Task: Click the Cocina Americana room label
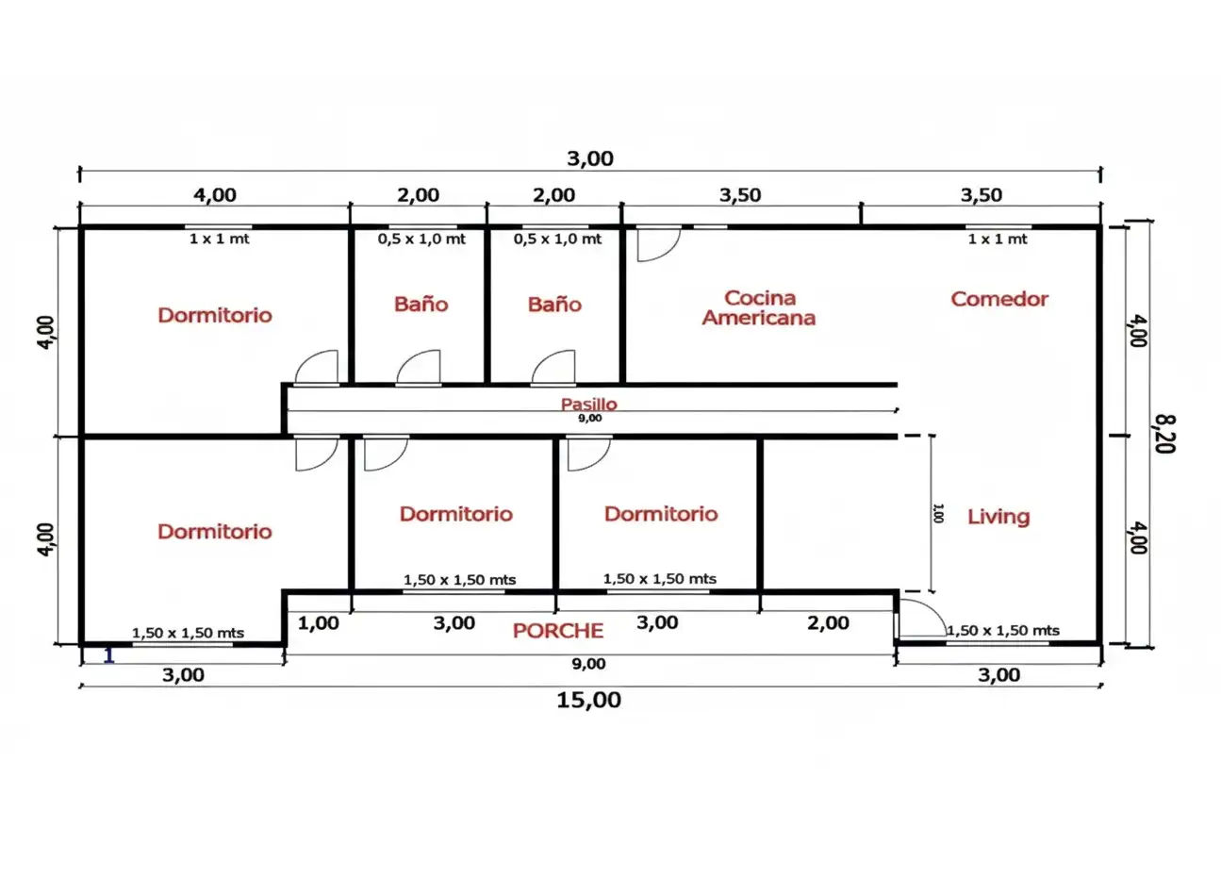click(x=759, y=308)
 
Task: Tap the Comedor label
click(x=999, y=299)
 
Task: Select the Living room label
click(x=998, y=516)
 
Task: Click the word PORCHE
click(x=557, y=631)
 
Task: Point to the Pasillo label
click(x=588, y=404)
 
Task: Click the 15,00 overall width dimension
click(x=588, y=700)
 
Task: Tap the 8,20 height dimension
click(x=1164, y=434)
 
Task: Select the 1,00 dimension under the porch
click(x=319, y=623)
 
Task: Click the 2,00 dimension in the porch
click(x=828, y=623)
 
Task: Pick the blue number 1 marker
click(x=109, y=655)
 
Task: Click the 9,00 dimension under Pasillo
click(x=590, y=418)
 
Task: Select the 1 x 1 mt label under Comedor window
click(x=997, y=240)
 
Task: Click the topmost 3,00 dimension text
click(x=590, y=158)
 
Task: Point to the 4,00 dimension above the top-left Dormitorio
click(x=215, y=195)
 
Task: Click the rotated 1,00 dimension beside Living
click(x=938, y=513)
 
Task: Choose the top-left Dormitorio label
click(x=215, y=315)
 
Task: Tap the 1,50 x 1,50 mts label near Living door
click(x=1003, y=631)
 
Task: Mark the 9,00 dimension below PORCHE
click(x=588, y=664)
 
